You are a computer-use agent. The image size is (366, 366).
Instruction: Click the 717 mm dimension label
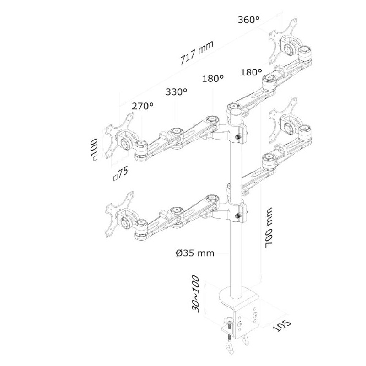197,53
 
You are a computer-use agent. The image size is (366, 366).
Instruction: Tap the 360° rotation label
248,20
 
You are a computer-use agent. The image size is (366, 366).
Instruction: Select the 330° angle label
177,92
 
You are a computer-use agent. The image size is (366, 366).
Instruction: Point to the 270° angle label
143,106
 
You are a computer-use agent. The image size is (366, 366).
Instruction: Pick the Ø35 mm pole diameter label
195,253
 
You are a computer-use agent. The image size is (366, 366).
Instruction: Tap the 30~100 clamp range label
195,294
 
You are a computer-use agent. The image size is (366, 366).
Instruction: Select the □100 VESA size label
95,150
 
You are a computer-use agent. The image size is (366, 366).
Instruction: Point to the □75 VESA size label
120,174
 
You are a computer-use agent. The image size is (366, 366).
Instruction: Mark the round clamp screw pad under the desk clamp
229,320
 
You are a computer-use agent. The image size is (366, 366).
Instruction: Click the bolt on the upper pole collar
237,137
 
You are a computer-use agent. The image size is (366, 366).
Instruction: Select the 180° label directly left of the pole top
213,78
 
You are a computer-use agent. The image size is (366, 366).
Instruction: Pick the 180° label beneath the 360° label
251,72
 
